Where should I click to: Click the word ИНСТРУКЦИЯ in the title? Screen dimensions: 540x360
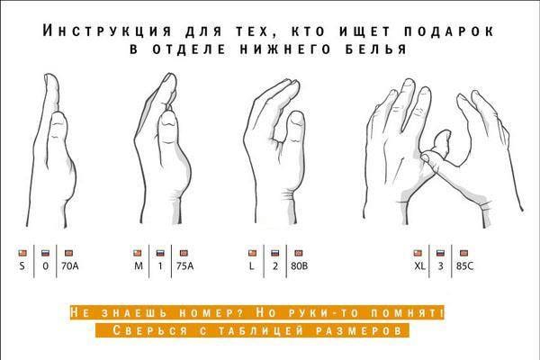(x=107, y=31)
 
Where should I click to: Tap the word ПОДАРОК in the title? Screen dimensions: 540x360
(x=449, y=31)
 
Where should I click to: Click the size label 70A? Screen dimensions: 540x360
(x=70, y=266)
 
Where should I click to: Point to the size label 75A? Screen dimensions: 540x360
(x=184, y=266)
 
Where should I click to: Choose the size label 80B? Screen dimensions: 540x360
(x=300, y=266)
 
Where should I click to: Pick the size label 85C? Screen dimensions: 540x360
(x=465, y=266)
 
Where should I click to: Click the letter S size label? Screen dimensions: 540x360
(x=22, y=266)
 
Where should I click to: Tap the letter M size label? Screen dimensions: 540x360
(x=139, y=266)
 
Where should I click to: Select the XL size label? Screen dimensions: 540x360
(x=419, y=266)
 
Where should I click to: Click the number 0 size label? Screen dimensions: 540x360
(x=46, y=266)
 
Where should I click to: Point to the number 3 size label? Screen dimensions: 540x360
(x=440, y=266)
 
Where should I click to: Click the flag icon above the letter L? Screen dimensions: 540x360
(x=252, y=253)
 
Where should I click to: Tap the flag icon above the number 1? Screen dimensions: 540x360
(x=160, y=253)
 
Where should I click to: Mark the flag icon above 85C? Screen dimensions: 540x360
(x=464, y=253)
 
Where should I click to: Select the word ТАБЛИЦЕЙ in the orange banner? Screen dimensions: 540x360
(x=261, y=330)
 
